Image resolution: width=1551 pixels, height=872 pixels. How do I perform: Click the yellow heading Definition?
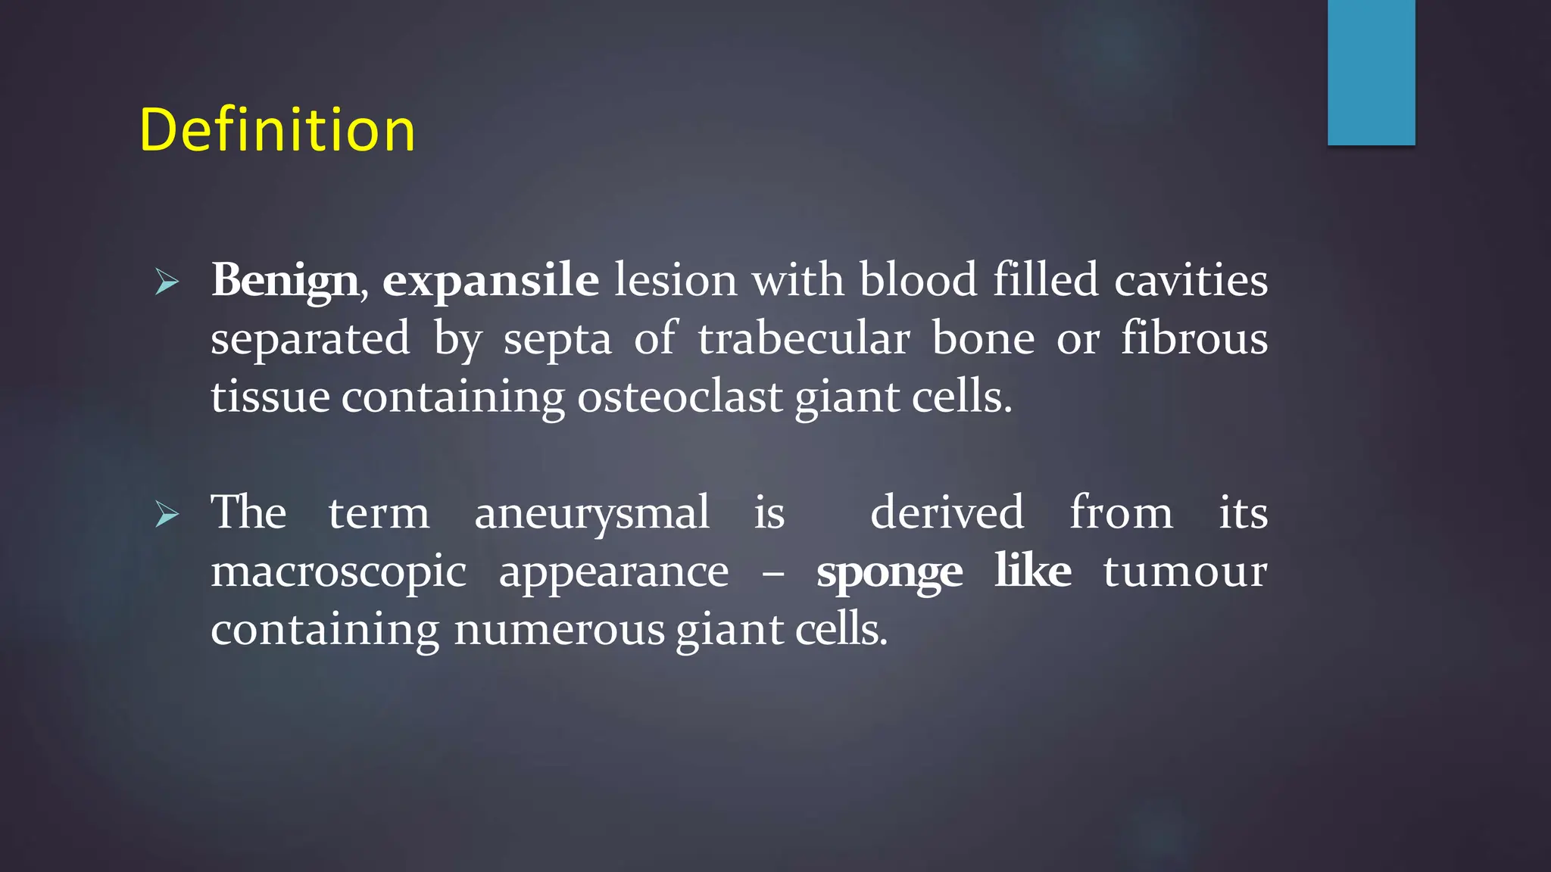[x=277, y=130]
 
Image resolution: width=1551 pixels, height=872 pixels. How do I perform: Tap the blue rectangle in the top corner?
[x=1371, y=72]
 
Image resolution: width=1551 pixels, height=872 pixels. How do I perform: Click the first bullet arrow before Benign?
[x=167, y=282]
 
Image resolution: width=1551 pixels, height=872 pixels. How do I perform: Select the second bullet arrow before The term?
[x=167, y=515]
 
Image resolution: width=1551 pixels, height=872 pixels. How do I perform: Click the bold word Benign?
[x=285, y=281]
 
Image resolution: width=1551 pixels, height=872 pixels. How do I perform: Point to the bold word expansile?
[x=490, y=281]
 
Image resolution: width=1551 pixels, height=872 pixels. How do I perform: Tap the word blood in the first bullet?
[x=918, y=279]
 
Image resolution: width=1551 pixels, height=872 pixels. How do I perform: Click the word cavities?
[x=1191, y=279]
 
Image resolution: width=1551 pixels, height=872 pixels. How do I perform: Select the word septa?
[x=557, y=339]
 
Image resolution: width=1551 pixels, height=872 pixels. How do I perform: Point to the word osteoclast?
[x=679, y=397]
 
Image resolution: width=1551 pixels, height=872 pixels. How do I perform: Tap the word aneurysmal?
[x=591, y=513]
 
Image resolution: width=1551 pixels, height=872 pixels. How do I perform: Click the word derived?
[x=947, y=512]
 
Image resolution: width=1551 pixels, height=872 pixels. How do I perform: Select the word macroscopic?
[x=339, y=572]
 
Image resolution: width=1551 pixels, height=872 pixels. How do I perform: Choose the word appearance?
[x=613, y=572]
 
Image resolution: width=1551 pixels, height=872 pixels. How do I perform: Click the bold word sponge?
[x=889, y=572]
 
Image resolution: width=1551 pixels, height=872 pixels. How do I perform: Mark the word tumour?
[x=1184, y=571]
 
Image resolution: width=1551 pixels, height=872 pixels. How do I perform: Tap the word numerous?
[x=558, y=630]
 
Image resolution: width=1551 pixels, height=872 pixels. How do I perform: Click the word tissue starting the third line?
[x=270, y=397]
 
